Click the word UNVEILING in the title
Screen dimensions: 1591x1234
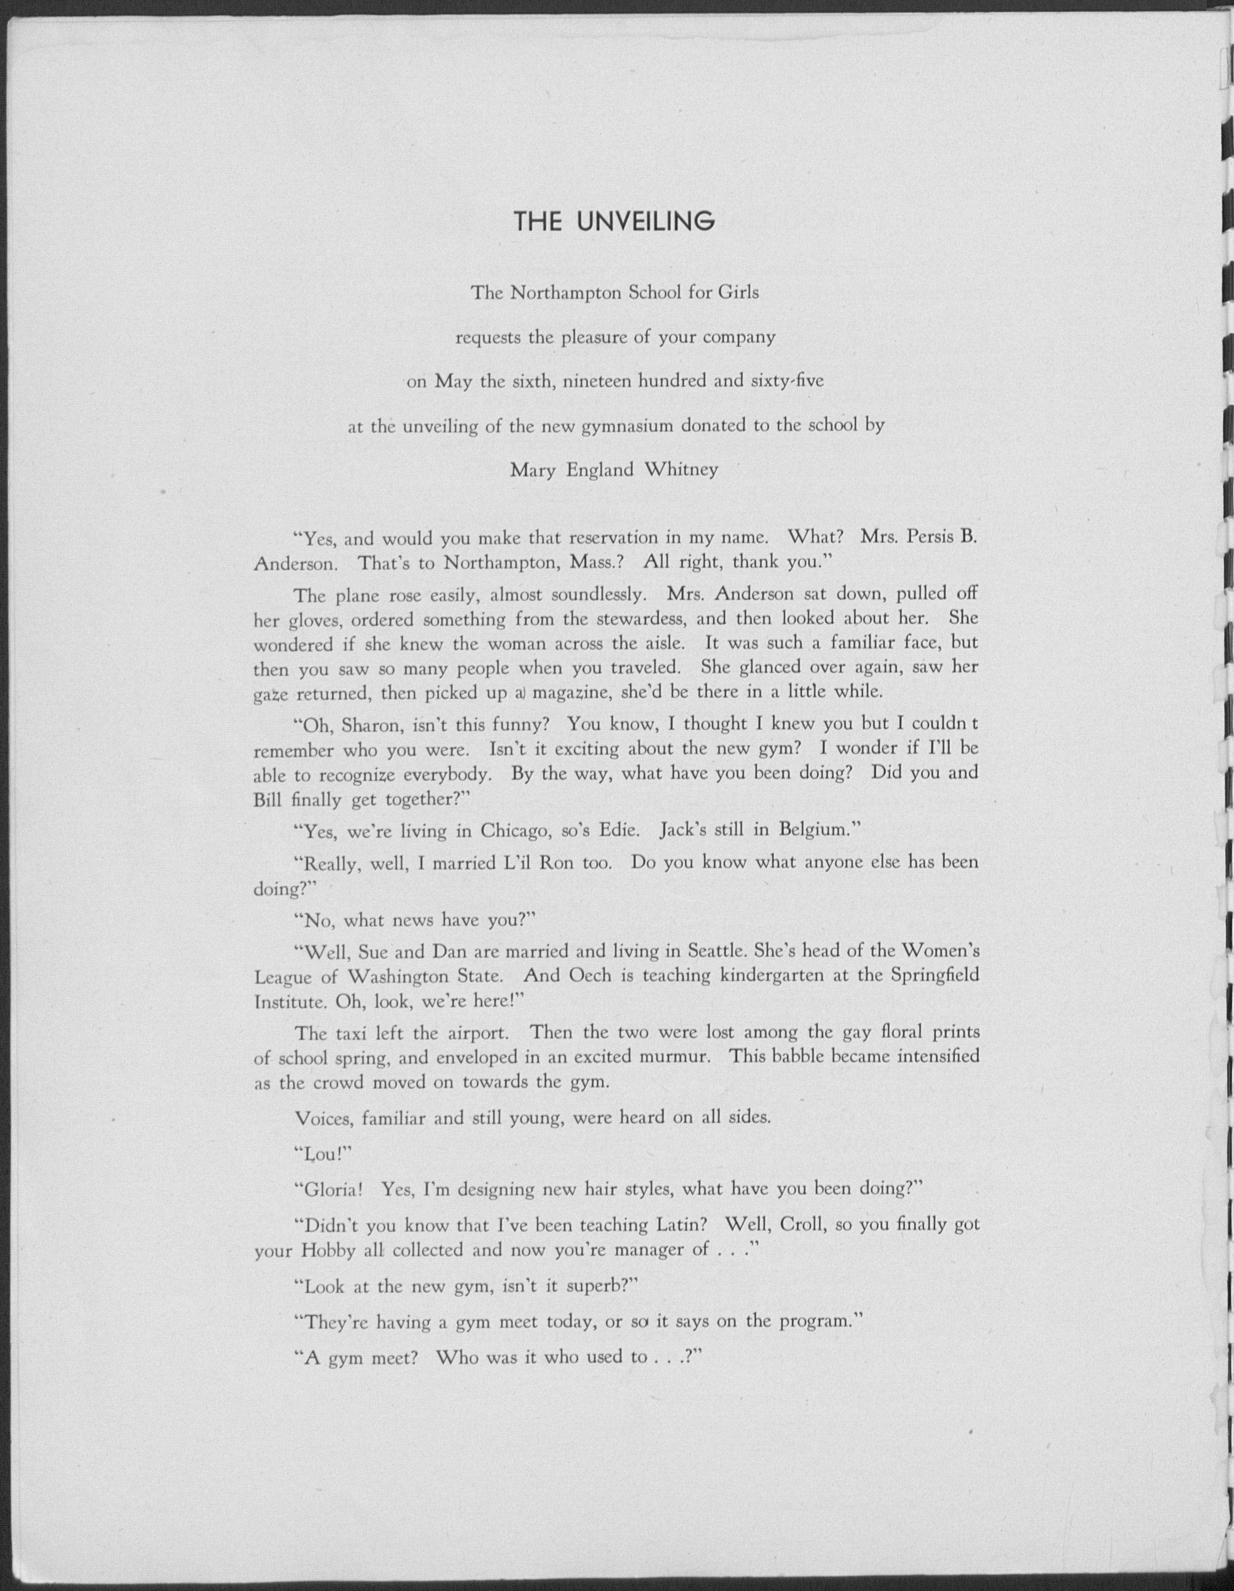[645, 222]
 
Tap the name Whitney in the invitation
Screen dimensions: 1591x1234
[681, 470]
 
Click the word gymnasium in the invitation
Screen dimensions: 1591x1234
[627, 426]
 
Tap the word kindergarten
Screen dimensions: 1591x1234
[774, 975]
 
